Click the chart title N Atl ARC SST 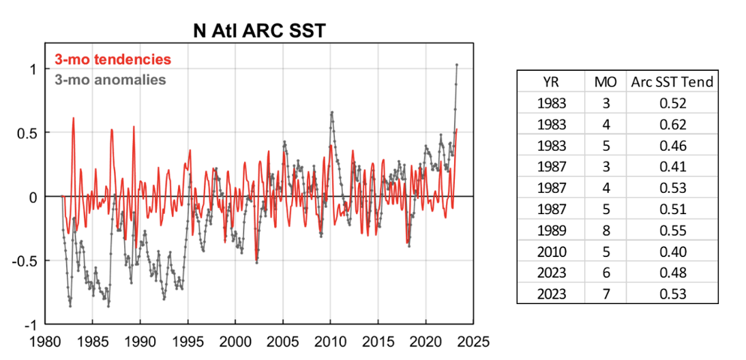click(x=258, y=30)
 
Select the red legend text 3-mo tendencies click(x=113, y=59)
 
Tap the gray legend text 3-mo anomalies click(x=110, y=80)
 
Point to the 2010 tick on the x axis click(x=330, y=338)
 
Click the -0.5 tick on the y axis click(x=29, y=260)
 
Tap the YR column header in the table click(x=550, y=82)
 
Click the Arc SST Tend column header click(x=672, y=82)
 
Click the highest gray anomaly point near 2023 click(x=456, y=65)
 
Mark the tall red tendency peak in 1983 click(x=73, y=118)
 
